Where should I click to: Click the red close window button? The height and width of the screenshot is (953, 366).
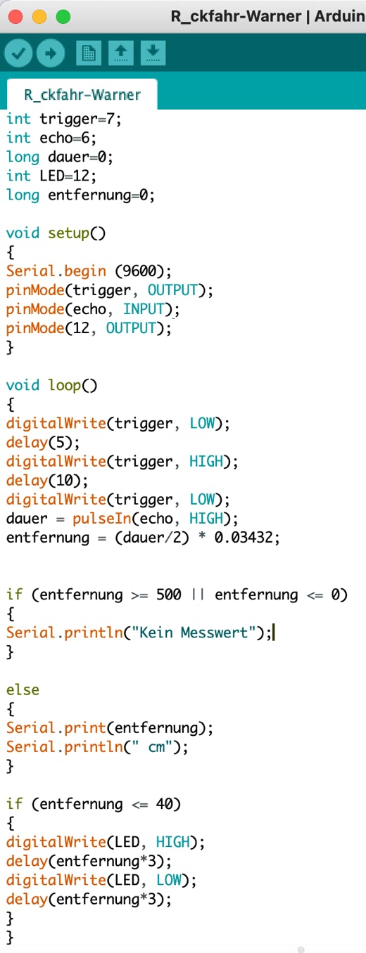15,17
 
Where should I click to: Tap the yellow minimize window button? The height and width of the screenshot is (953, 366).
39,17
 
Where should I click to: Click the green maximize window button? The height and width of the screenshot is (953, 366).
63,17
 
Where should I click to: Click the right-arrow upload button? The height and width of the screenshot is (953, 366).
51,53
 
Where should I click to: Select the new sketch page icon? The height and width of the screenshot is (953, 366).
89,53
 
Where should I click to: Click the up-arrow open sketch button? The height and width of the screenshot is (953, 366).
121,53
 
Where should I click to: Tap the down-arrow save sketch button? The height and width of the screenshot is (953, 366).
153,53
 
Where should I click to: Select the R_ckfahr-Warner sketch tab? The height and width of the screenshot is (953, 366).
82,94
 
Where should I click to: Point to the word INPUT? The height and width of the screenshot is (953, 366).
144,309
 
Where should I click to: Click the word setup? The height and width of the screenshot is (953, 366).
68,233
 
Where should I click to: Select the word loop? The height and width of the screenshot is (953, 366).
64,385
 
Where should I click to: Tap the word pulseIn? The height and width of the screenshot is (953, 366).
101,519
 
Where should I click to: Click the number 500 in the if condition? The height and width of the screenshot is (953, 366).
169,595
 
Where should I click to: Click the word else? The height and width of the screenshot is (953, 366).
23,689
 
